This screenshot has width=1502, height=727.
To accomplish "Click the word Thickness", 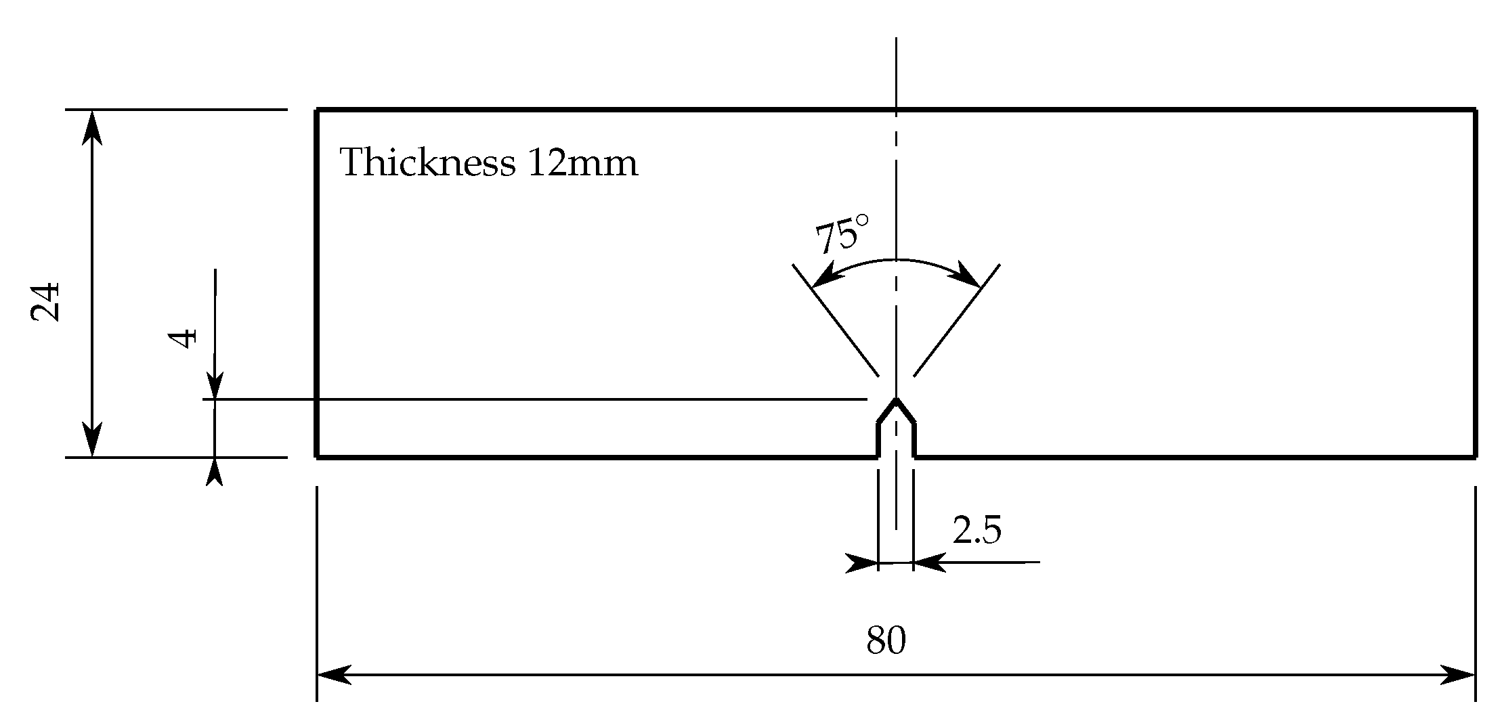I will click(427, 163).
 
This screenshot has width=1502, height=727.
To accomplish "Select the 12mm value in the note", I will click(582, 163).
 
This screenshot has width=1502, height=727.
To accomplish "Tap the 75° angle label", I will click(840, 234).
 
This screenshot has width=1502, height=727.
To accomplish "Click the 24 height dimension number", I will click(47, 302).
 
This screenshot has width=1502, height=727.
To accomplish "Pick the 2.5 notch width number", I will click(977, 530).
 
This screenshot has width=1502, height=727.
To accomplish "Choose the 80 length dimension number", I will click(886, 640).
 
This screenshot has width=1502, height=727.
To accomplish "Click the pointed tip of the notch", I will click(896, 400).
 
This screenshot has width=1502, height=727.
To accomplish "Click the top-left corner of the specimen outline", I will click(317, 109).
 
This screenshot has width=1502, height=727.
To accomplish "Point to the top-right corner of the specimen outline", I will click(1476, 109).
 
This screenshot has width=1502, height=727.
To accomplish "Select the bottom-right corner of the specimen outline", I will click(1476, 458).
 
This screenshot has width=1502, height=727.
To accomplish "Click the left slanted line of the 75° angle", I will click(836, 320).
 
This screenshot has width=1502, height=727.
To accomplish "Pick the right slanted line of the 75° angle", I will click(956, 320).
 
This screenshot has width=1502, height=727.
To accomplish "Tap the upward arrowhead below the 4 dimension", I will click(215, 470).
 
